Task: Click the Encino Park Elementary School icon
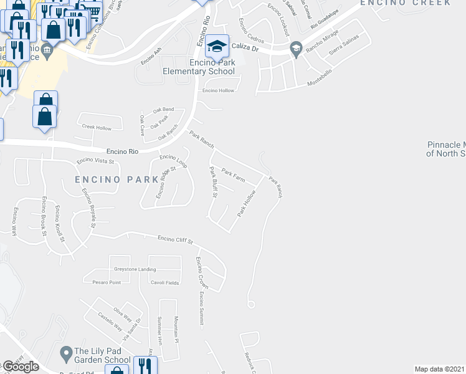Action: [x=217, y=46]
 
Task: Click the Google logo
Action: [x=21, y=367]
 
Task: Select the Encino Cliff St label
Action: [x=176, y=239]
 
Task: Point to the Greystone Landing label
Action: [x=135, y=269]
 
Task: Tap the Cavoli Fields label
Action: [x=164, y=282]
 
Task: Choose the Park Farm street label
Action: [x=233, y=175]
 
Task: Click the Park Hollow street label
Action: [x=247, y=203]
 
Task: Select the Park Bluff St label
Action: [x=212, y=182]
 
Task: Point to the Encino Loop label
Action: [x=174, y=161]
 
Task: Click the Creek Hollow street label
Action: [x=97, y=127]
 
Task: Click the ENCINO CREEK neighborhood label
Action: [x=414, y=3]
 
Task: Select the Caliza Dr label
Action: [x=244, y=46]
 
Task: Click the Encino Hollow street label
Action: [x=217, y=91]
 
